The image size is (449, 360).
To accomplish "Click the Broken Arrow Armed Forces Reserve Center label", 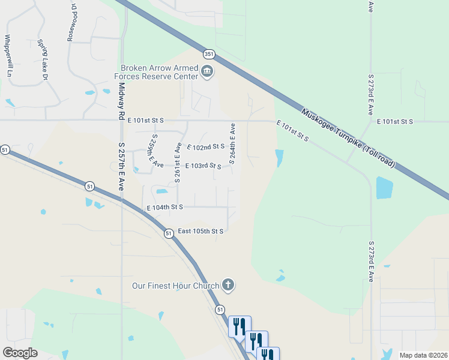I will coord(159,72).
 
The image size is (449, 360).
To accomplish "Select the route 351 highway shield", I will coord(208,54).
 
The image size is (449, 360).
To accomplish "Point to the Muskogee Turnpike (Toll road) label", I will coord(348,137).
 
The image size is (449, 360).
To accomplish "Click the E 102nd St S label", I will coord(206,146).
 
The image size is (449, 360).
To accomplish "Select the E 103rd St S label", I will coord(203,166).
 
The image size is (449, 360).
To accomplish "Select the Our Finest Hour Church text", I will coord(176,286).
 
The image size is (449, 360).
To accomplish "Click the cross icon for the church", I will coord(228,284).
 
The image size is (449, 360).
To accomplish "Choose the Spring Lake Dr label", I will coord(42,60).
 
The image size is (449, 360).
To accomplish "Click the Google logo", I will coord(20,353).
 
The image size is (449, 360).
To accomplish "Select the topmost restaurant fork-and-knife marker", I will coord(240,326).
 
